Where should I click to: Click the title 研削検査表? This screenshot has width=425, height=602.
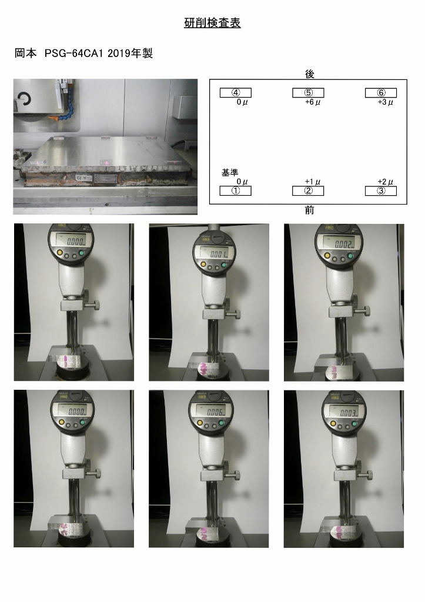tap(212, 23)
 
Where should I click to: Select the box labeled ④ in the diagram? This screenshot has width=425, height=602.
tap(235, 93)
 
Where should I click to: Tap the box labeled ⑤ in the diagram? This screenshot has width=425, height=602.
tap(308, 93)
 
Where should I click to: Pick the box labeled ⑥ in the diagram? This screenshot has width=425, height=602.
tap(381, 93)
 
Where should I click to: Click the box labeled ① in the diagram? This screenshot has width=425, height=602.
tap(235, 190)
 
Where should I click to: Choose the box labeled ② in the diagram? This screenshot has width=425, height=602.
tap(308, 190)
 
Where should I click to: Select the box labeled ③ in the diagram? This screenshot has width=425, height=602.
tap(381, 190)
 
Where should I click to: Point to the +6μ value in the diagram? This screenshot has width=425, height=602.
tap(312, 102)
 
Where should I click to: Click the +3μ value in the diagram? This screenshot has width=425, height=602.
tap(385, 102)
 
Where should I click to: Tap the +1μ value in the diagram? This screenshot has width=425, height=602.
tap(312, 182)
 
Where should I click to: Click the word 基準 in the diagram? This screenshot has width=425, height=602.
tap(229, 173)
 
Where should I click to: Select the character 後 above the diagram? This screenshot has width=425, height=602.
tap(309, 73)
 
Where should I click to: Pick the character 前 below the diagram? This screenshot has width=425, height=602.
tap(309, 210)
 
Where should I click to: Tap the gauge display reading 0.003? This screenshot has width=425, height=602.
tap(343, 412)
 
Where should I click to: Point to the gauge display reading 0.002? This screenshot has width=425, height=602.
tap(343, 243)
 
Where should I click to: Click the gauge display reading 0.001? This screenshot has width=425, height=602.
tap(216, 254)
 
